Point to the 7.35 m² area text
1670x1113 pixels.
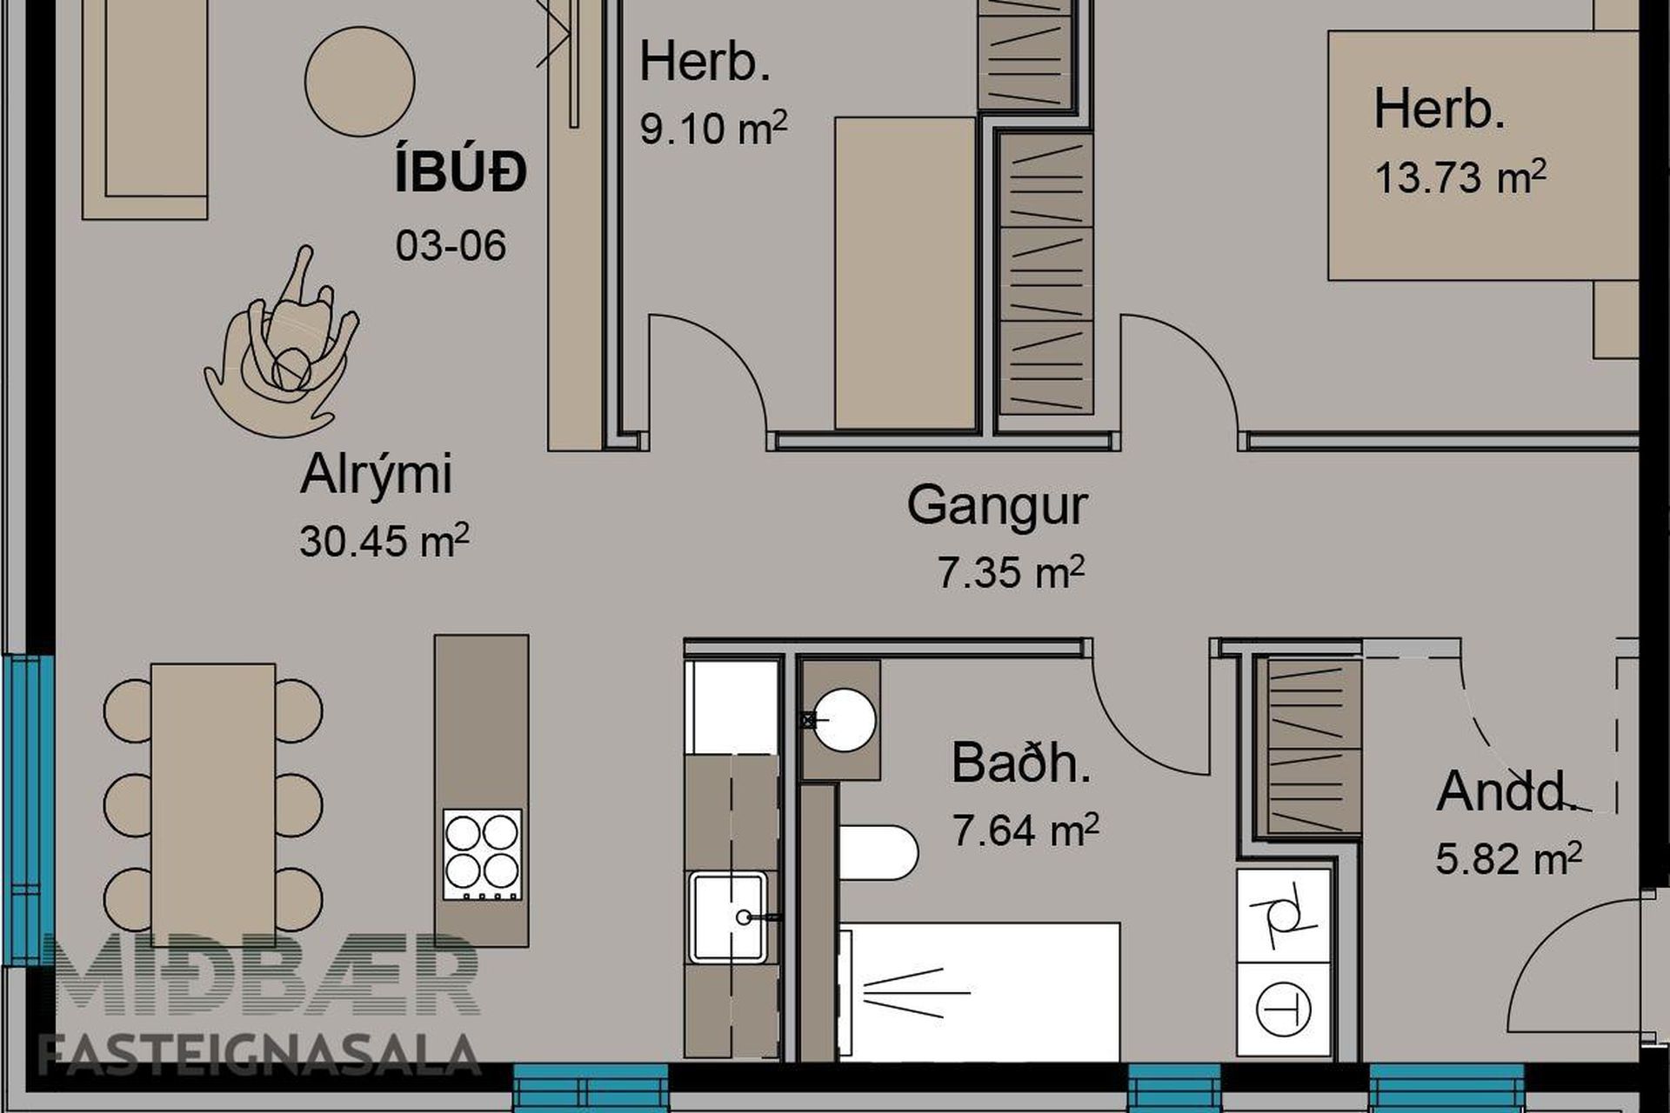coord(1011,572)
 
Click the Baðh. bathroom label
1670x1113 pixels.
coord(1020,763)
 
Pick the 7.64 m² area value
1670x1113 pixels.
coord(1025,829)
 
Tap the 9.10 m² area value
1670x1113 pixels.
coord(713,128)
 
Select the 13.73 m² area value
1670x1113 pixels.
coord(1460,177)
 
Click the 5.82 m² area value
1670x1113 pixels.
coord(1508,858)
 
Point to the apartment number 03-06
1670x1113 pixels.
coord(451,246)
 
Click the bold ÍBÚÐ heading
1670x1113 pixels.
coord(460,172)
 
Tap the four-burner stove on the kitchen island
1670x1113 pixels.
coord(483,854)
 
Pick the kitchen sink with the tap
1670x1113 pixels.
coord(730,917)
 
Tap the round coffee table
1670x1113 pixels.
coord(359,81)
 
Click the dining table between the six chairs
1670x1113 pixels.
coord(213,805)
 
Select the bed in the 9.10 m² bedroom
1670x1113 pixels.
coord(905,273)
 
